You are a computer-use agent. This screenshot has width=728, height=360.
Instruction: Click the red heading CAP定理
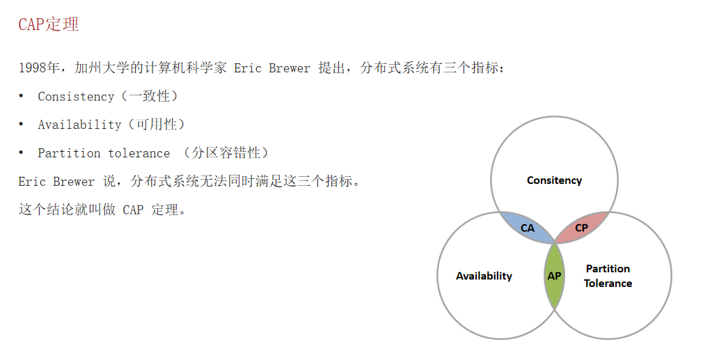(48, 24)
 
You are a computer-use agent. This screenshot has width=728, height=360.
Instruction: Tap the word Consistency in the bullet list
(76, 97)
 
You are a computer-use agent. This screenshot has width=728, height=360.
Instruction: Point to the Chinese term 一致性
(150, 97)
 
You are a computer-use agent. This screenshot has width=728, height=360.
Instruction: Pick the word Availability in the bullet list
(79, 125)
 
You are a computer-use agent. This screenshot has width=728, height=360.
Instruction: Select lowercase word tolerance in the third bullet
(139, 153)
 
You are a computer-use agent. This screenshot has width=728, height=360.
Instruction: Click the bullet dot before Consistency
(22, 96)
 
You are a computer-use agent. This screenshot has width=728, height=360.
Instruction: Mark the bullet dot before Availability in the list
(22, 124)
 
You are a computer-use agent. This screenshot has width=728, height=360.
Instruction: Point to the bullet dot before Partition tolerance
(22, 152)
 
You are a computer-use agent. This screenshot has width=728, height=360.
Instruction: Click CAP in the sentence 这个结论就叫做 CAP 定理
(133, 210)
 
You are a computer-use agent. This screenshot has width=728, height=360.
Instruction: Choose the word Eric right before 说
(32, 182)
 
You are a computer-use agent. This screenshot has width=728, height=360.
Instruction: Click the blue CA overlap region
(528, 228)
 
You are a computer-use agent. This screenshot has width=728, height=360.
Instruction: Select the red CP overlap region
(581, 228)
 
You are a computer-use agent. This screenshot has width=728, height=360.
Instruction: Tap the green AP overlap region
(554, 276)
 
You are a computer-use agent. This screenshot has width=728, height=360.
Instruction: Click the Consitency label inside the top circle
(554, 180)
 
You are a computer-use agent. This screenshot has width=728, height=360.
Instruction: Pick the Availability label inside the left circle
(484, 276)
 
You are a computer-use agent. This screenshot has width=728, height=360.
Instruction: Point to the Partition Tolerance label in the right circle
(608, 276)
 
